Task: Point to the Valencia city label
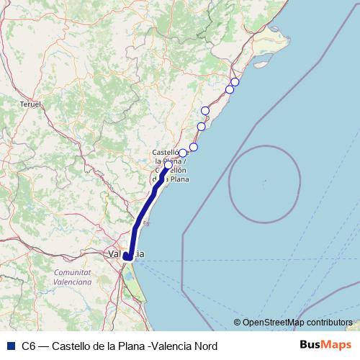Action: coord(124,253)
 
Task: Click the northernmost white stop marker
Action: coord(235,82)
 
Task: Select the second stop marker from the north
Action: coord(230,89)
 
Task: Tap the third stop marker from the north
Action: coord(205,110)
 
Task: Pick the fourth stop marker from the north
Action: coord(202,127)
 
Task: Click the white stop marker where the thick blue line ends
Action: coord(168,165)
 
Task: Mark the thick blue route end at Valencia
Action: coord(127,256)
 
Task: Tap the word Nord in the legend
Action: coord(203,346)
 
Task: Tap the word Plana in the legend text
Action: coord(129,346)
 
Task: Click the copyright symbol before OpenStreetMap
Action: coord(238,322)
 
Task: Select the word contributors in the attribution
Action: coord(328,322)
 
